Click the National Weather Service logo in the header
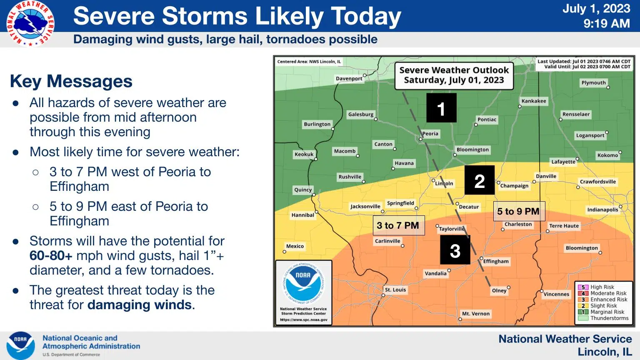30,23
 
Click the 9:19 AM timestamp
606,24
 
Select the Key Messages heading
71,81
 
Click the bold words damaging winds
140,305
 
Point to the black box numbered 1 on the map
441,108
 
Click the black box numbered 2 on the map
480,180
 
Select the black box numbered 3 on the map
455,250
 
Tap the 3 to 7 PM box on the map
398,225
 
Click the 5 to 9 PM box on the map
518,212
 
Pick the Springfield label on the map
400,203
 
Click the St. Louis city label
395,290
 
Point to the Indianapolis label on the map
602,210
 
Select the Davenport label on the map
349,78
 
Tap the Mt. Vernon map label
476,314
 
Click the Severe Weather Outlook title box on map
454,75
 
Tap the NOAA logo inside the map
303,283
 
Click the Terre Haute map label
564,226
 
